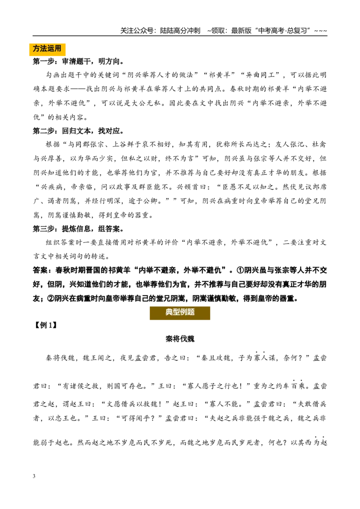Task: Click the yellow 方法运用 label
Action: (47, 49)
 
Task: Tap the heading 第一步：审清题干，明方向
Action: (78, 61)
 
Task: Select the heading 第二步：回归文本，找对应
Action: (78, 131)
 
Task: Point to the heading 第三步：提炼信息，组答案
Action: (78, 229)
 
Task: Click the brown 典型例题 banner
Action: (180, 313)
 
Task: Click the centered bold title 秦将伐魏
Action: (180, 339)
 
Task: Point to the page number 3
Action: (34, 476)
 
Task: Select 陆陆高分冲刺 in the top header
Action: (180, 31)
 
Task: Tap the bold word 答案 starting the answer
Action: (40, 270)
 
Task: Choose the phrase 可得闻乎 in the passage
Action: (138, 418)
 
